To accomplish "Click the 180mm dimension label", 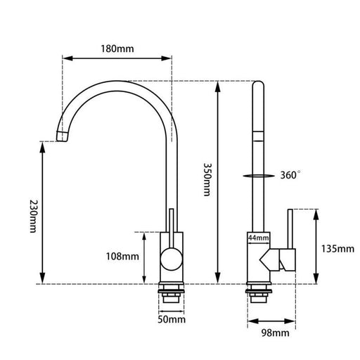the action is coord(117,49).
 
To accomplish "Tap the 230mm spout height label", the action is coord(33,216).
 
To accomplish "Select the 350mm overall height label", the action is coord(207,179).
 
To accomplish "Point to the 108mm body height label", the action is coord(122,257).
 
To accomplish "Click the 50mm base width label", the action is coord(172,319).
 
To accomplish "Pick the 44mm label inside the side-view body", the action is coord(259,238).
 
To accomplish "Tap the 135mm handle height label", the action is coord(337,249).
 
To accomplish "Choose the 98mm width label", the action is coord(276,333).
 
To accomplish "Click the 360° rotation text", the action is coord(290,175).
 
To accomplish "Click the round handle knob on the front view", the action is coord(172,259).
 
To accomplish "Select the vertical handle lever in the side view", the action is coord(290,229).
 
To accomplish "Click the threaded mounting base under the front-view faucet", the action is coord(172,293).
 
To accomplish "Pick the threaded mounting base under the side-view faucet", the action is coord(259,293).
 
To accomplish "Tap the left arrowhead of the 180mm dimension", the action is coord(67,58).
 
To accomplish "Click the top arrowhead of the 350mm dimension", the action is coord(218,86).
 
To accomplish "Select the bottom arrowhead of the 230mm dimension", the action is coord(42,278).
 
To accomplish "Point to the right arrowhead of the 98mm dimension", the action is coord(290,321).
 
